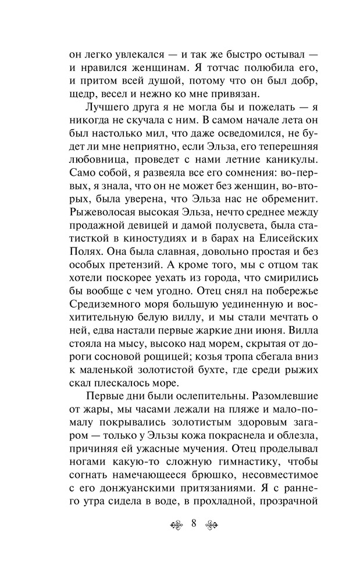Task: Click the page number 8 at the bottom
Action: (193, 522)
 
